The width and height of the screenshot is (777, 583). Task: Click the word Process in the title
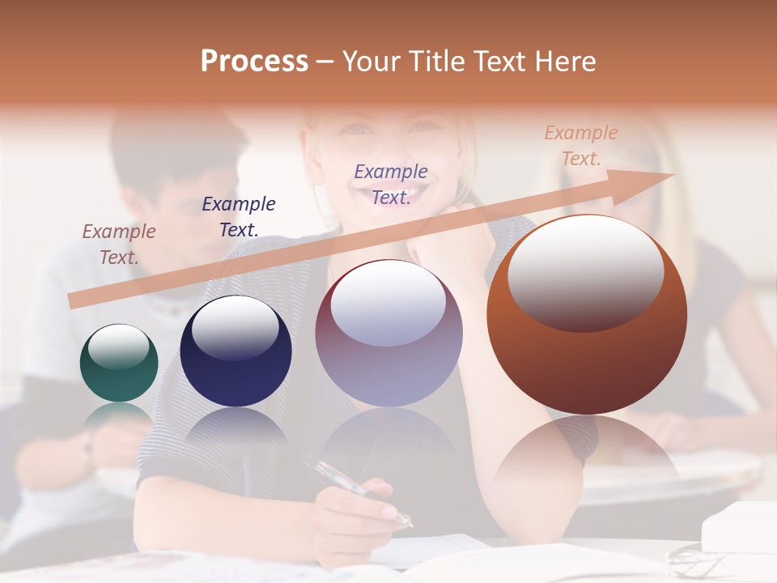254,62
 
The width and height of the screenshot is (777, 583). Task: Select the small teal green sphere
119,363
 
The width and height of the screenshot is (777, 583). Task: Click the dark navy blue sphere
236,351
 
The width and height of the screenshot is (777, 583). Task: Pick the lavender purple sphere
388,333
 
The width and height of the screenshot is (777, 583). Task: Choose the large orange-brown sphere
587,314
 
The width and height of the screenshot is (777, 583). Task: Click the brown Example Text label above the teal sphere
119,244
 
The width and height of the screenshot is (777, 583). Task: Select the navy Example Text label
239,216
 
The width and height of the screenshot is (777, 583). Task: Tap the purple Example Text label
391,184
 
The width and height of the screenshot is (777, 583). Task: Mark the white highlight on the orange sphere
585,271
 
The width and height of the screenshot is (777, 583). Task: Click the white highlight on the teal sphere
119,347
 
